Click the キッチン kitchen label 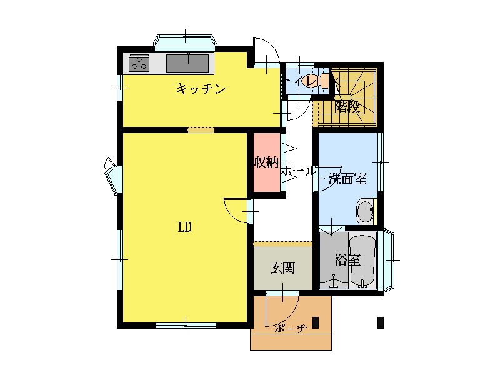point(201,89)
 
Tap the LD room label point(184,227)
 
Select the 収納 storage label point(267,162)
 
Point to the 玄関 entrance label point(282,267)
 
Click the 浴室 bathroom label point(347,260)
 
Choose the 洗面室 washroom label point(347,179)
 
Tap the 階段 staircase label point(347,107)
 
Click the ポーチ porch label point(290,329)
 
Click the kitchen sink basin point(187,63)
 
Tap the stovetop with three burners point(139,63)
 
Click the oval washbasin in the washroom point(366,212)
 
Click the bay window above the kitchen point(186,42)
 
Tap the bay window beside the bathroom point(388,260)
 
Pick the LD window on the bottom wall point(186,326)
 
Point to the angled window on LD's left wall point(112,176)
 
